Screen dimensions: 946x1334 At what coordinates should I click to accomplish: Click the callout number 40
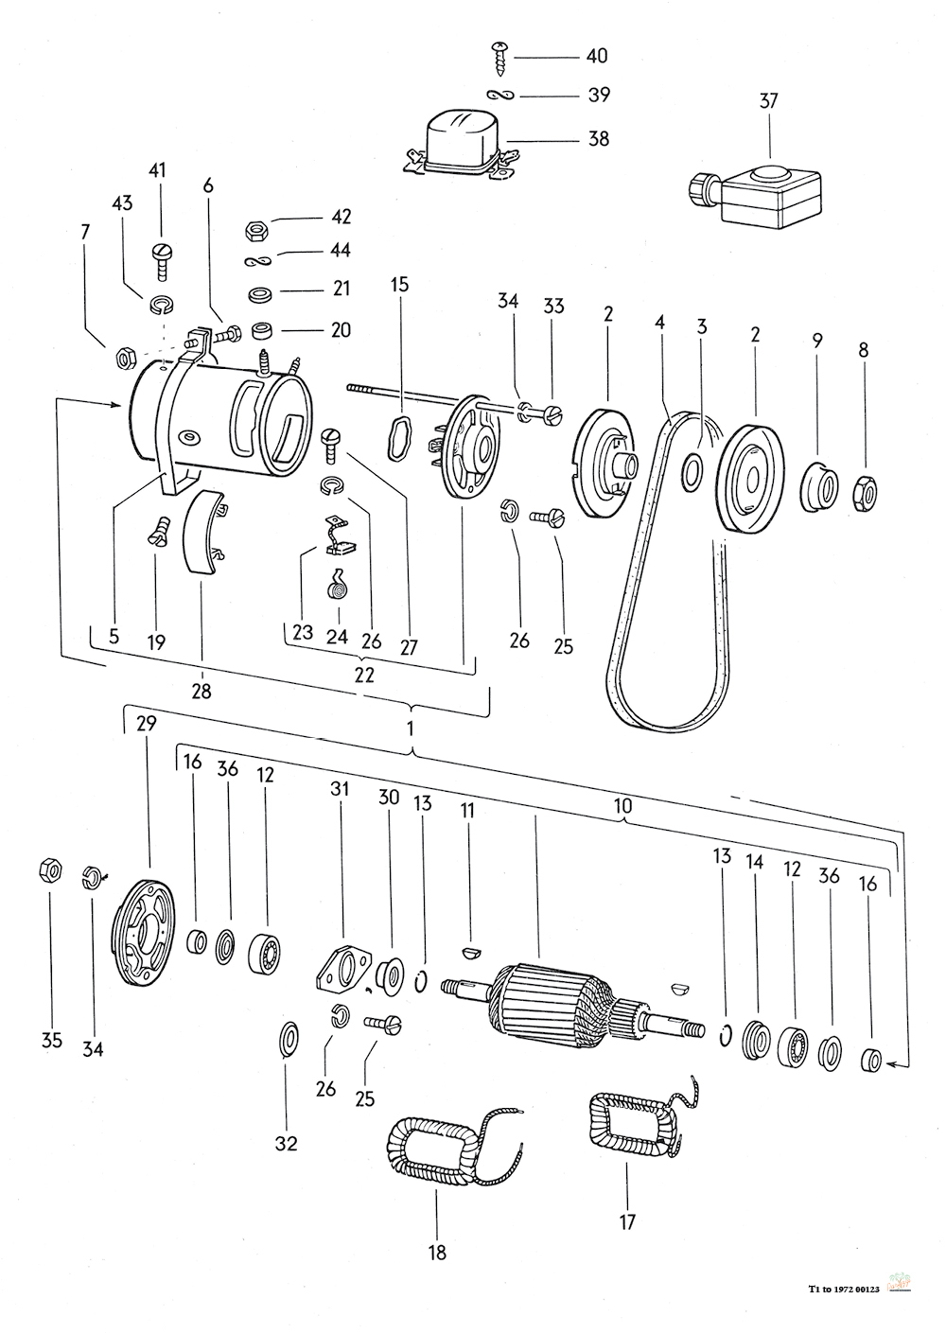(x=597, y=56)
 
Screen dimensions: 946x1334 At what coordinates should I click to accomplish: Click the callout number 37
(x=768, y=100)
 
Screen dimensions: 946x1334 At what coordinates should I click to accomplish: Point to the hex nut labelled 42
(x=256, y=229)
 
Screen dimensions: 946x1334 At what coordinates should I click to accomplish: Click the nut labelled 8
(x=865, y=494)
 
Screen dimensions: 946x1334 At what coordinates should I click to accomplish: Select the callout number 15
(x=400, y=285)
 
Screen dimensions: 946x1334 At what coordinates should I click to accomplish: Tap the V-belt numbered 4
(x=667, y=569)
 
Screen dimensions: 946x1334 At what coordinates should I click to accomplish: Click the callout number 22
(x=364, y=676)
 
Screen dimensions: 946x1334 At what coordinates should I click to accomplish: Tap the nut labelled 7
(x=126, y=360)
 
